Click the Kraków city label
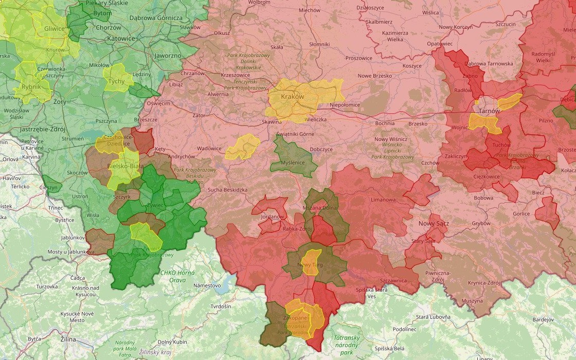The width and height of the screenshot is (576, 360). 293,97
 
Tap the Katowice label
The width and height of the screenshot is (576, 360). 121,38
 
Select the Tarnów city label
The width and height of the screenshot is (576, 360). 489,111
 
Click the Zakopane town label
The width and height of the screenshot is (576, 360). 295,318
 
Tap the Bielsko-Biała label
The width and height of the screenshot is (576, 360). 125,167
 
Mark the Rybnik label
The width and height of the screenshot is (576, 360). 31,86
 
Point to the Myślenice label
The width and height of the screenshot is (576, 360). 293,163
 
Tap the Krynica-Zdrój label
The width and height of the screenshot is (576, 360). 484,283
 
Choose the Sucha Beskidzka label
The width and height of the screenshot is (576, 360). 227,190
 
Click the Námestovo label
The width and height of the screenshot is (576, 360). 207,285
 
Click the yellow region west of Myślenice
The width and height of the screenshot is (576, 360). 242,147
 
